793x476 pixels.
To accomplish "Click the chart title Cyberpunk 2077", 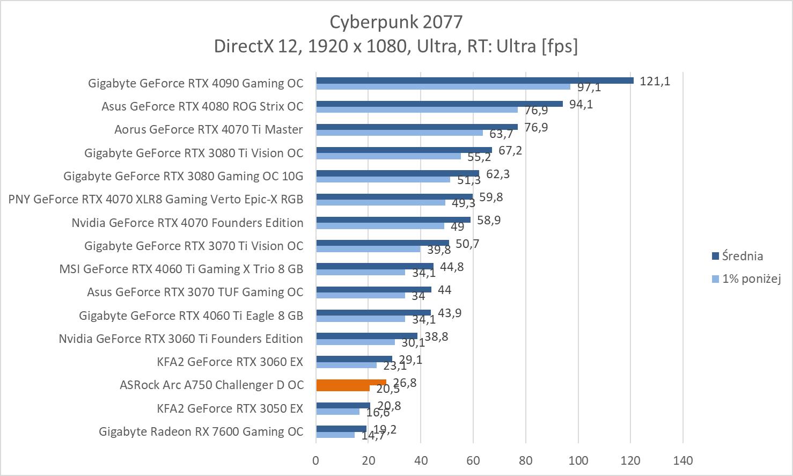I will point(396,21).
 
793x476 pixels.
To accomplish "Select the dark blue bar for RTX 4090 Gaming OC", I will point(475,80).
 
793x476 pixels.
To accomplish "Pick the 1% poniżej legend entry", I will point(751,279).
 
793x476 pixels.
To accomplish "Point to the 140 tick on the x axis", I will point(682,460).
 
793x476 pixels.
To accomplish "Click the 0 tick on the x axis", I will point(316,460).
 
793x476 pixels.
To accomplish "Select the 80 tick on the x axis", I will point(526,460).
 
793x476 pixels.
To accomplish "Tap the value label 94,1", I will point(581,104).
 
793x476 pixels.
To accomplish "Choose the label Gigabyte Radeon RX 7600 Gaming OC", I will point(201,431).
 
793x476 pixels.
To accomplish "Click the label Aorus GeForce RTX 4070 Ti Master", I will point(208,129).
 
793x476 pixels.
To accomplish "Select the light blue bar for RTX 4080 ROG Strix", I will point(417,109).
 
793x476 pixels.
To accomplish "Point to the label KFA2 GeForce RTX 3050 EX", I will point(230,408).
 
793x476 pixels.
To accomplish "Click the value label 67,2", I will point(510,150).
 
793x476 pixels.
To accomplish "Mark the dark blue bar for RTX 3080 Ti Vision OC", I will point(404,150).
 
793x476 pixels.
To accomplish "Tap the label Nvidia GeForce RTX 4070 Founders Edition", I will point(187,223).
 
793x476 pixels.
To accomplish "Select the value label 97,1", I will point(589,87).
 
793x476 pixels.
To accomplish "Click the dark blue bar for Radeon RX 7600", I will point(341,429).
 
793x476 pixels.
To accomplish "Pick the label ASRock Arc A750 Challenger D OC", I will point(211,385).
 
